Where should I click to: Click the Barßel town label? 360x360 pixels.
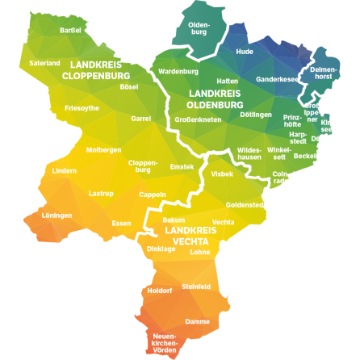[x=71, y=30]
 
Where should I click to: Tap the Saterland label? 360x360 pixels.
[x=44, y=62]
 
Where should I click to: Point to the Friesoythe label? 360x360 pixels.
[x=82, y=107]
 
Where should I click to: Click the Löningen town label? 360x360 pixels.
[x=57, y=216]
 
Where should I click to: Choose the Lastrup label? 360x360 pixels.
[x=101, y=194]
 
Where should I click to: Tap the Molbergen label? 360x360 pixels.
[x=103, y=149]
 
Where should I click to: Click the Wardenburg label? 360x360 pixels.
[x=178, y=71]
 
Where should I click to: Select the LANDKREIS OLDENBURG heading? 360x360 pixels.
[x=216, y=99]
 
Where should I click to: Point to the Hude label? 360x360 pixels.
[x=245, y=51]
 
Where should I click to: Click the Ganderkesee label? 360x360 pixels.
[x=277, y=79]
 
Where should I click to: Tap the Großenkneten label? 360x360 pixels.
[x=198, y=119]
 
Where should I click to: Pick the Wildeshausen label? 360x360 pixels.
[x=249, y=153]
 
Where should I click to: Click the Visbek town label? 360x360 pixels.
[x=222, y=174]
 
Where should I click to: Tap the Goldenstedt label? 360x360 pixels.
[x=245, y=205]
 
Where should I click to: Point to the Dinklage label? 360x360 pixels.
[x=161, y=249]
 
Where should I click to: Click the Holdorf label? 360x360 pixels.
[x=161, y=291]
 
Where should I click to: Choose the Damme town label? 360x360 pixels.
[x=198, y=321]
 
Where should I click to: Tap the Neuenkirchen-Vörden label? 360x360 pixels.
[x=165, y=343]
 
